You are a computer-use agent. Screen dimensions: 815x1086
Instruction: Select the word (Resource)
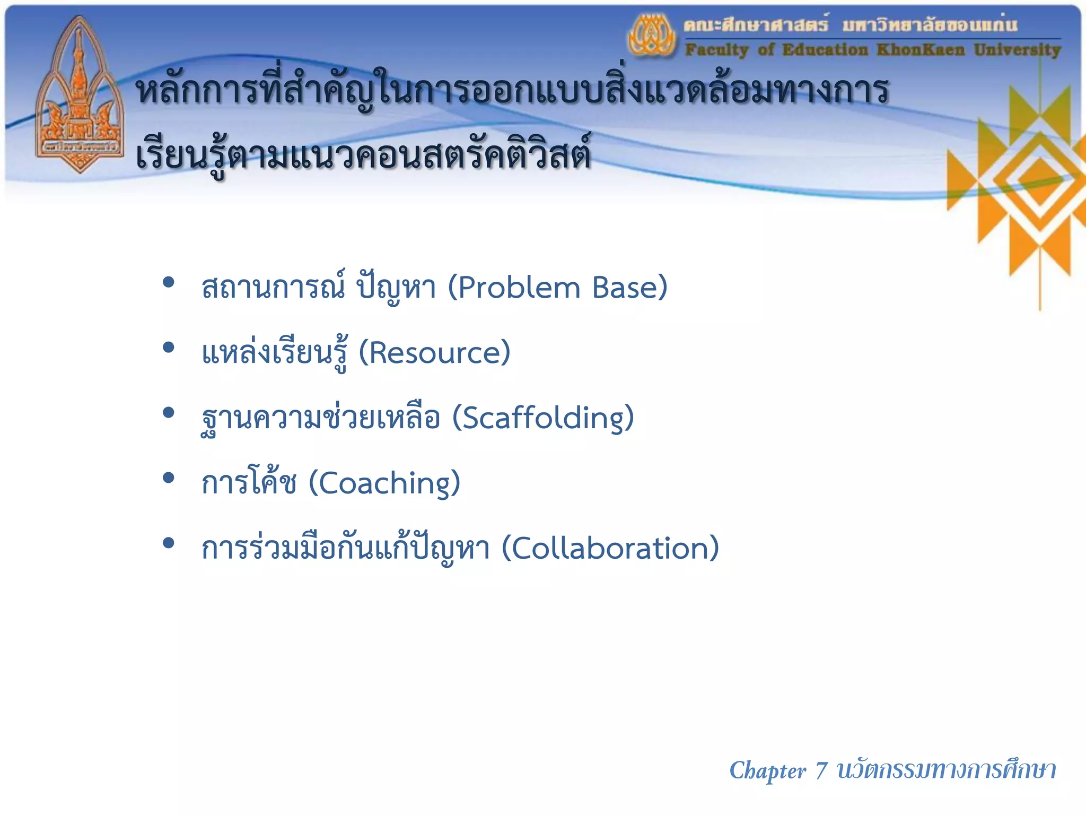pos(434,353)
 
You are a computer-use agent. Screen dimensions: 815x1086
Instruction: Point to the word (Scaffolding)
pos(543,418)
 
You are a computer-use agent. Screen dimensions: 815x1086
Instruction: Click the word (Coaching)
pos(384,483)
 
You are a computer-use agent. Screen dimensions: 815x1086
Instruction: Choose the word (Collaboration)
pos(610,548)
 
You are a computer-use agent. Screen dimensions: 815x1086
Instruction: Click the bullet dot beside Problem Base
pos(169,282)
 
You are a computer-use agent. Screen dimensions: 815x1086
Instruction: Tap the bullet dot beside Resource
pos(169,348)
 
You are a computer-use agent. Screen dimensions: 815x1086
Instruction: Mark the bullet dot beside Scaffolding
pos(169,413)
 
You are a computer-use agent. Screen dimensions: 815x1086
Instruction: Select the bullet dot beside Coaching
pos(169,478)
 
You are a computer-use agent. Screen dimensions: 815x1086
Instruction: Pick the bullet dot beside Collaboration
pos(169,543)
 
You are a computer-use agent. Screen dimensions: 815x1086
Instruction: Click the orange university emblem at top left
pos(80,96)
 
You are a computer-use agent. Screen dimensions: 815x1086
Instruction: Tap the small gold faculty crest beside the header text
pos(652,36)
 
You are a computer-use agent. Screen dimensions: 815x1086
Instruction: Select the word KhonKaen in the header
pos(921,50)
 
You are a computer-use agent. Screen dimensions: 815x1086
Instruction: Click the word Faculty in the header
pos(716,50)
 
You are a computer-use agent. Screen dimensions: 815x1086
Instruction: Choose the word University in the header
pos(1017,50)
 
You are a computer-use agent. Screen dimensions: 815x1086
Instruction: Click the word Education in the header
pos(825,50)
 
